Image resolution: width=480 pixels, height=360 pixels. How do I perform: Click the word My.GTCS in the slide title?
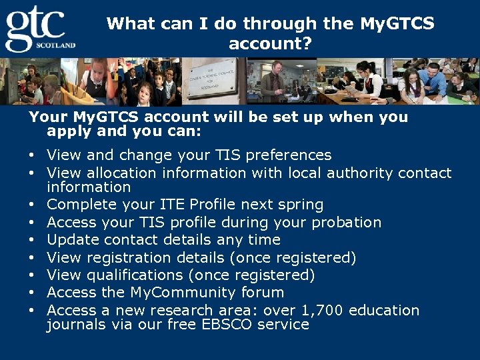(x=397, y=24)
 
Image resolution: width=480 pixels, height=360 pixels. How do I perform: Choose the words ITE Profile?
(x=199, y=205)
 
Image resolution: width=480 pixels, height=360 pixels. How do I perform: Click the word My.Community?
(x=180, y=293)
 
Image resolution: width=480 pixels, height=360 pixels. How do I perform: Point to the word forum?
(x=264, y=293)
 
